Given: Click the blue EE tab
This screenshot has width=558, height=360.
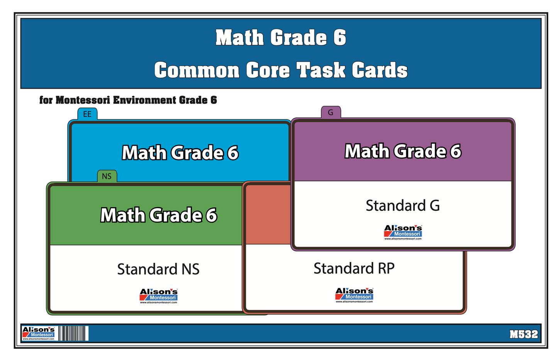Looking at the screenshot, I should pos(87,114).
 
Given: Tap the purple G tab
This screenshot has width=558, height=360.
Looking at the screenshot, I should pos(331,112).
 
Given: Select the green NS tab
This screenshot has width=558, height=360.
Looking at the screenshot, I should pos(107,176).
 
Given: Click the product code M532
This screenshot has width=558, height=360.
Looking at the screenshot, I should pos(523,334).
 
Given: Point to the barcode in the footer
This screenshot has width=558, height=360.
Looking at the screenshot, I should pos(73,333).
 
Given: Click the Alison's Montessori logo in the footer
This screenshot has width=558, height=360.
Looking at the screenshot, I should pos(39,333).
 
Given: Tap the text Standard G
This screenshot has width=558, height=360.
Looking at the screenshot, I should pos(402,205).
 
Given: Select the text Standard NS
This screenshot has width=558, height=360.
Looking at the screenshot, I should pos(158,269).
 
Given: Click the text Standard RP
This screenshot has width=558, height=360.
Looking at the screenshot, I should pos(354,268).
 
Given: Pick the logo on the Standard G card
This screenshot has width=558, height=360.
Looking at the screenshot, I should pos(403,233).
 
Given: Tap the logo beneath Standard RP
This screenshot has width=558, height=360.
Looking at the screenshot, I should pos(354,295).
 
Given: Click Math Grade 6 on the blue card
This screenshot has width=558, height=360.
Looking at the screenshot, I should pos(180,153).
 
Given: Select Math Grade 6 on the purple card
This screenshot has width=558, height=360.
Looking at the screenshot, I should pos(403,151).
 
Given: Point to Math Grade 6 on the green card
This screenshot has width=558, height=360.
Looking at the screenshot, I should pos(158,215).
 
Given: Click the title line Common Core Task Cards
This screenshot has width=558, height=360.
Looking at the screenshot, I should pos(281,70).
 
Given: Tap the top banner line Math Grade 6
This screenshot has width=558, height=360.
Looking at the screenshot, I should pos(281,38).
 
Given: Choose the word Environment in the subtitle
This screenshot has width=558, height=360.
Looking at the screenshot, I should pos(145,100).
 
